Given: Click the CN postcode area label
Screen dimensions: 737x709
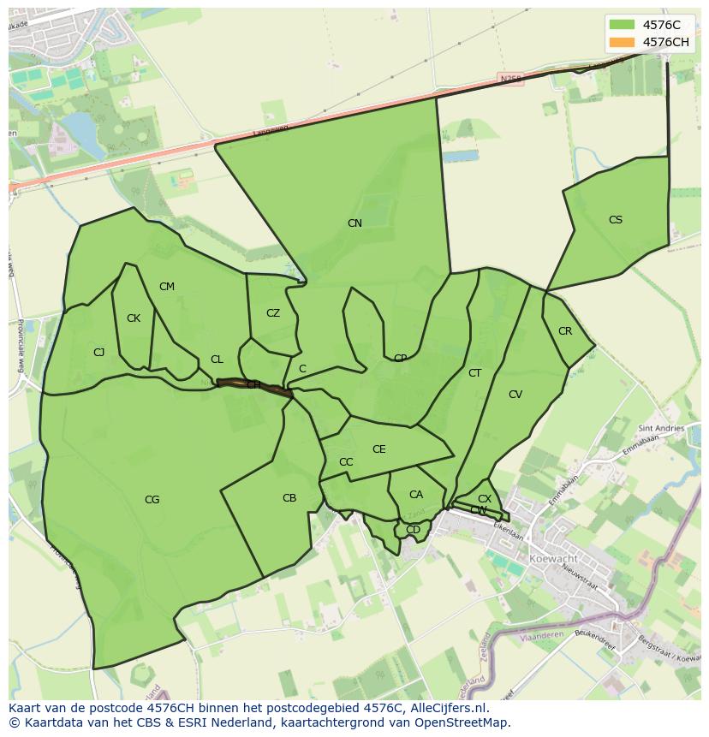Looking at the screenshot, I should [x=354, y=223].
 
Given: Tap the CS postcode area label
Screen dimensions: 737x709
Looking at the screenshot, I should [x=616, y=220].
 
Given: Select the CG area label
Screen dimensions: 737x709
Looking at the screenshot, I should [x=152, y=500].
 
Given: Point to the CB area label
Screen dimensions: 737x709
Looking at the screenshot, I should [x=289, y=498].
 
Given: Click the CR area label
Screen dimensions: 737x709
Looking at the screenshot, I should [x=565, y=331].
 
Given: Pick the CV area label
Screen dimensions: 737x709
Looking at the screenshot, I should [x=515, y=395].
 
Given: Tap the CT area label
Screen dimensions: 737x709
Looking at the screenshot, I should [x=475, y=373].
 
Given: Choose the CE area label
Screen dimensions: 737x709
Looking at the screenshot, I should [x=379, y=449].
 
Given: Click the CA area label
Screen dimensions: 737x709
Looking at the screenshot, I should [x=416, y=495].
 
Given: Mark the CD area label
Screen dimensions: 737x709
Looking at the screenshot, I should [x=414, y=530].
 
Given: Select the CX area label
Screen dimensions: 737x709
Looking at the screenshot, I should [x=485, y=499].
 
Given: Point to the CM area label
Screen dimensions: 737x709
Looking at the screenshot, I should [x=167, y=287].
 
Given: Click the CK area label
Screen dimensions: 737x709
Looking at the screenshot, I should [x=134, y=318].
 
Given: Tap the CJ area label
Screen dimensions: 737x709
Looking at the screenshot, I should [x=99, y=353].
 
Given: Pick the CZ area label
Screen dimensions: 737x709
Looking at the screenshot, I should [x=273, y=313].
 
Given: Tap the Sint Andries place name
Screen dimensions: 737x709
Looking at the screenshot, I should [x=661, y=428].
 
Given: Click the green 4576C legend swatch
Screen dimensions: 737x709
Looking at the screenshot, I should [x=622, y=25].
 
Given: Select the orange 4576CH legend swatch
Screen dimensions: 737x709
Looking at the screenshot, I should [x=622, y=42].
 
